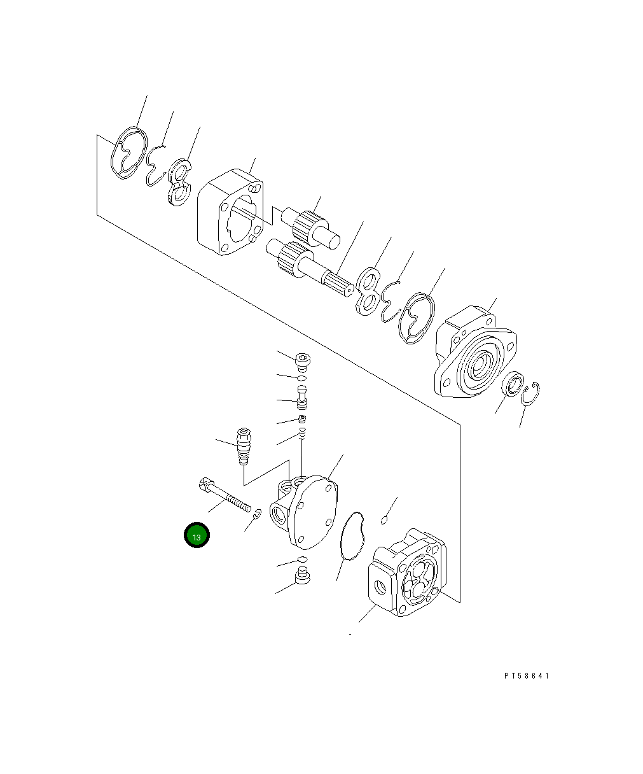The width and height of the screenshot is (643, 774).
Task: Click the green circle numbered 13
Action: [197, 537]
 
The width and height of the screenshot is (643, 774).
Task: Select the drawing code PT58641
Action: [526, 676]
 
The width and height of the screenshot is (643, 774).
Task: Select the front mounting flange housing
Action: [474, 353]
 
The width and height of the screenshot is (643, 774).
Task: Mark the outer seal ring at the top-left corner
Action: [130, 157]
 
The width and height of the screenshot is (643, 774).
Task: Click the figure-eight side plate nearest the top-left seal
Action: [179, 183]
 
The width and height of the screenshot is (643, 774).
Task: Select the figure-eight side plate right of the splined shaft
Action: [367, 292]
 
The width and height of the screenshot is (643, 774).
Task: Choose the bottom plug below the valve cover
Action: [302, 578]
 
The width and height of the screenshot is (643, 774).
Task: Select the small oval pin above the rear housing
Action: [384, 521]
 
